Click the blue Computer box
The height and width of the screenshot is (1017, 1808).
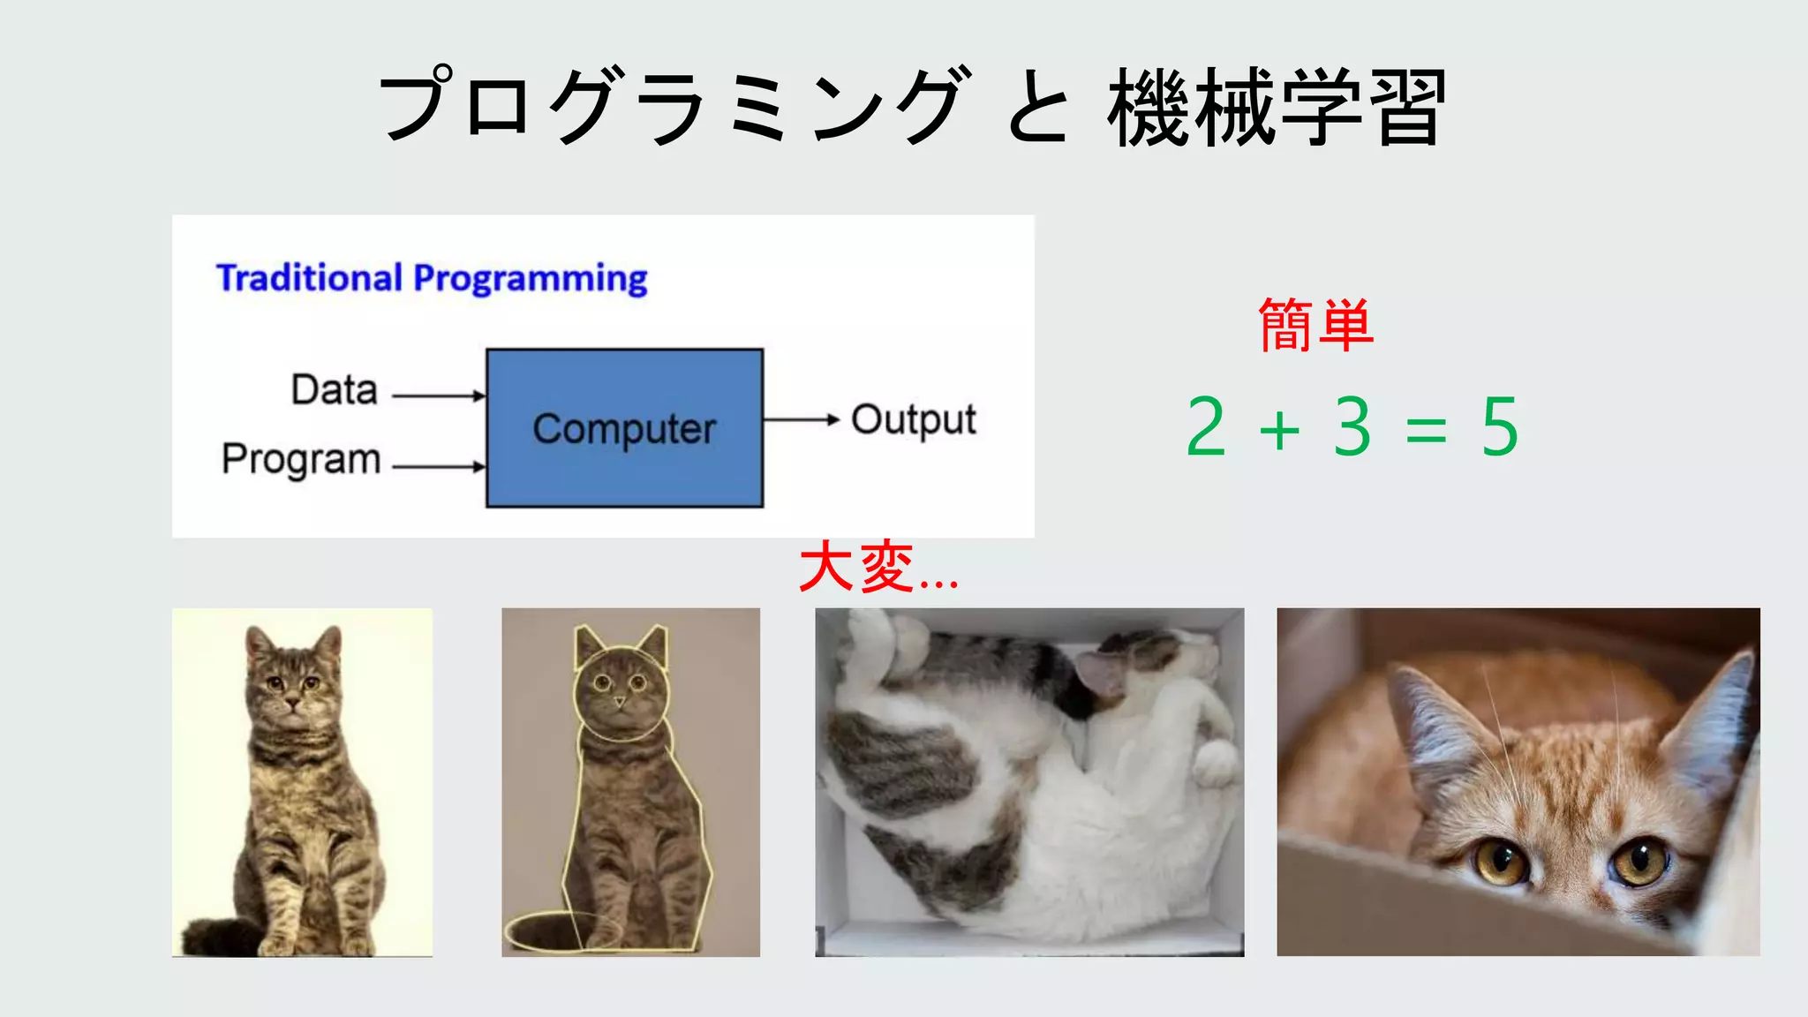(x=624, y=428)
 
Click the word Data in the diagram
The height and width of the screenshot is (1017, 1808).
(x=335, y=389)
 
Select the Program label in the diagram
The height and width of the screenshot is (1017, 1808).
(x=301, y=459)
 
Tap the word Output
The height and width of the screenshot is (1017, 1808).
(x=913, y=420)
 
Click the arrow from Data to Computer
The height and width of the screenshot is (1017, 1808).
(x=438, y=396)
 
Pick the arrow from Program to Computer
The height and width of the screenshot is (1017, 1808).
(x=438, y=466)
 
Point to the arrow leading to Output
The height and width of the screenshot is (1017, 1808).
(x=800, y=419)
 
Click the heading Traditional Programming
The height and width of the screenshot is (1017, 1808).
(x=432, y=278)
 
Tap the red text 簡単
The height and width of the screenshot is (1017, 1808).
(x=1315, y=326)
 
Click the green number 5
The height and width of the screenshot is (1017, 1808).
(x=1499, y=427)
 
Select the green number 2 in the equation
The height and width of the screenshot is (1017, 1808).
(x=1206, y=427)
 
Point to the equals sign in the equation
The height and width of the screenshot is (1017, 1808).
(x=1426, y=431)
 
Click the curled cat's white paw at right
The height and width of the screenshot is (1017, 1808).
(x=1216, y=761)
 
